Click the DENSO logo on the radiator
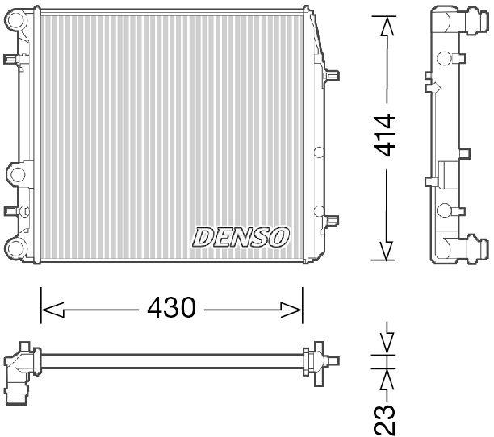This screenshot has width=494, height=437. [241, 236]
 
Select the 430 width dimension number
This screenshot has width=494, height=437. [170, 308]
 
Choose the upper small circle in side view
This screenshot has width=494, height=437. [443, 58]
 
